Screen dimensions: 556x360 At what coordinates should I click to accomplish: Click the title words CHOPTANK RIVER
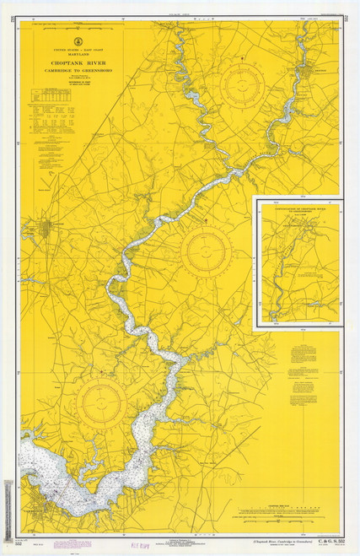(x=76, y=62)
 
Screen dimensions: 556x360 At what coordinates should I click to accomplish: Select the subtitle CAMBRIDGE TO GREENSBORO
(x=76, y=69)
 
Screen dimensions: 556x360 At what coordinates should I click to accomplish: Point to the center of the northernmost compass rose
(x=241, y=82)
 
